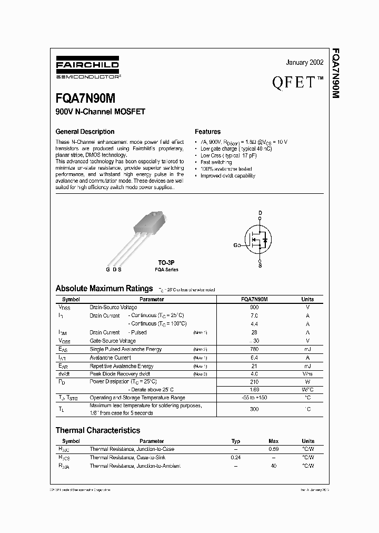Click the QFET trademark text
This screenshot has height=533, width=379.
297,82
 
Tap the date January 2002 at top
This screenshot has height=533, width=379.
304,63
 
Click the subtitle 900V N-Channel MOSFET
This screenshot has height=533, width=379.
100,112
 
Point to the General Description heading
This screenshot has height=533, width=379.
85,132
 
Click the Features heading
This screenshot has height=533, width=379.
207,132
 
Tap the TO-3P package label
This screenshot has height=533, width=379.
166,262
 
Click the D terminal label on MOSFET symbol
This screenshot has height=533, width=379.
260,213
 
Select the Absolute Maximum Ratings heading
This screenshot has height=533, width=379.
104,289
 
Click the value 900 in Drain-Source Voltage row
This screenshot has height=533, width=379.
254,307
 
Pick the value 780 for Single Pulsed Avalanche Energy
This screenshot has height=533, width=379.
254,349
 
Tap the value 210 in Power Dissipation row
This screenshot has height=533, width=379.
254,381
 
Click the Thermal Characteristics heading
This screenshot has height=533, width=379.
98,430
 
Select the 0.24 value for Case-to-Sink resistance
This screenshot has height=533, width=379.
235,458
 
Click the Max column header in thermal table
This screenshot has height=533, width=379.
274,441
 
